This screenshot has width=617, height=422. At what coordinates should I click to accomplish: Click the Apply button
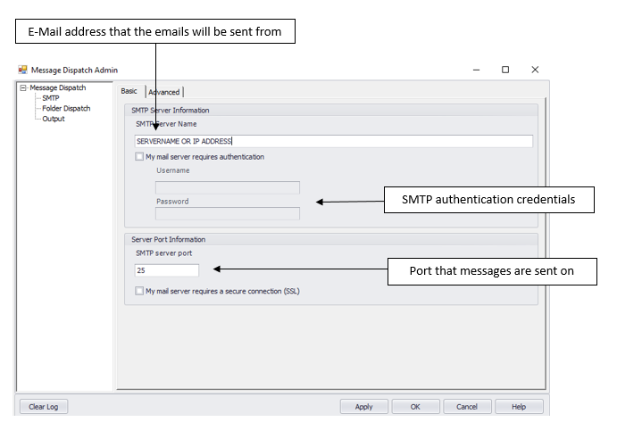(364, 407)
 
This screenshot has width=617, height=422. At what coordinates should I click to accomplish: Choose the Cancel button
(467, 407)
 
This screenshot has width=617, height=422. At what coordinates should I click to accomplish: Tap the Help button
(519, 407)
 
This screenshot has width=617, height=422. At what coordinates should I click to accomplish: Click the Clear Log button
(43, 407)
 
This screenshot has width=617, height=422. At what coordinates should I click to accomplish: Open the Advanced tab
(164, 92)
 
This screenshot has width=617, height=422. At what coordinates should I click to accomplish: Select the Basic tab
(129, 91)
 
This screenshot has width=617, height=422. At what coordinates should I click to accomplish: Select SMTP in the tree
(51, 98)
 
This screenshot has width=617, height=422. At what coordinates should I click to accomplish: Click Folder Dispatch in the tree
(66, 108)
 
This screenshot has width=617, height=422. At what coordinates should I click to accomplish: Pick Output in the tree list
(54, 119)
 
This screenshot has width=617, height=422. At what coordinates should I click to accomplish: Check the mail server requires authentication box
(139, 156)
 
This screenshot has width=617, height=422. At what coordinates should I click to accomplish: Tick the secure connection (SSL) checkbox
(139, 291)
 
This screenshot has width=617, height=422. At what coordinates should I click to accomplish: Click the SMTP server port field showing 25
(167, 270)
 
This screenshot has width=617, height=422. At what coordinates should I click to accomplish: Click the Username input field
(228, 187)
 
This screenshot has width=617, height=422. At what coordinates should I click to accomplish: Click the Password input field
(228, 213)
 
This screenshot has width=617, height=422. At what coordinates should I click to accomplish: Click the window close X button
(535, 70)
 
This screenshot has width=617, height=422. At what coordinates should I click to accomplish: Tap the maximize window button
(505, 70)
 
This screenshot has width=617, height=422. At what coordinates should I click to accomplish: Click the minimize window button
(476, 70)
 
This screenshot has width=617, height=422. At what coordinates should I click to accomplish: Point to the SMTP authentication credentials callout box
(489, 200)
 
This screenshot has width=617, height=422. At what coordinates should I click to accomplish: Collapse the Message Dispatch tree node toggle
(23, 87)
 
